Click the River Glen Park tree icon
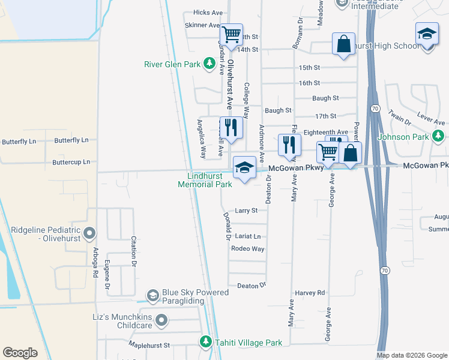tap(209, 64)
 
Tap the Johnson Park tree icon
tap(439, 137)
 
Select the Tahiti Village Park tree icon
tap(205, 343)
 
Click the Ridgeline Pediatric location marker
tap(90, 232)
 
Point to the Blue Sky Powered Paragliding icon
tap(153, 295)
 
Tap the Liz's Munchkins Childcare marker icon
tap(161, 321)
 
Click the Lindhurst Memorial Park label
tap(205, 181)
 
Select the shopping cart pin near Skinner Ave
tap(231, 34)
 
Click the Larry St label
tap(246, 211)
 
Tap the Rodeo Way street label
tap(248, 248)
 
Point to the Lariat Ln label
tap(249, 236)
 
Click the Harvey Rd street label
tap(310, 293)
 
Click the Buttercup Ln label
tap(71, 162)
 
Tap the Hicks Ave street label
tap(208, 13)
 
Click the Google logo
tap(20, 353)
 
